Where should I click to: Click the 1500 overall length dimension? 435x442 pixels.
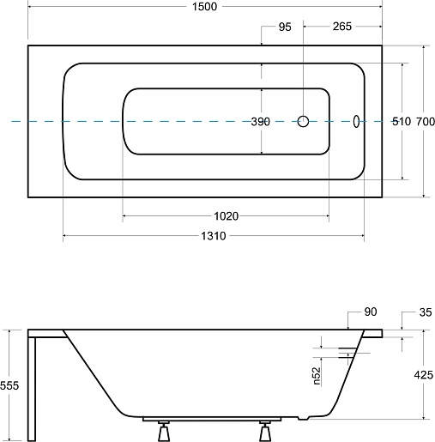(204, 6)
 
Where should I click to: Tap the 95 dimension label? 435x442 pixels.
(285, 27)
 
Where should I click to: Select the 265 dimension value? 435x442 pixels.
(342, 27)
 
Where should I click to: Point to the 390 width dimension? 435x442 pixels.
(260, 122)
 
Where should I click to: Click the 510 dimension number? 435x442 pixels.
(402, 121)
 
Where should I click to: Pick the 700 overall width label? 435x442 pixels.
(426, 122)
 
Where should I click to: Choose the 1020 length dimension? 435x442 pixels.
(227, 216)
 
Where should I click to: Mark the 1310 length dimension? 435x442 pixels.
(214, 236)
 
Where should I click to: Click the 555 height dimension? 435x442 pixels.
(9, 385)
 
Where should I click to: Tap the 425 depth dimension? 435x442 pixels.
(424, 374)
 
